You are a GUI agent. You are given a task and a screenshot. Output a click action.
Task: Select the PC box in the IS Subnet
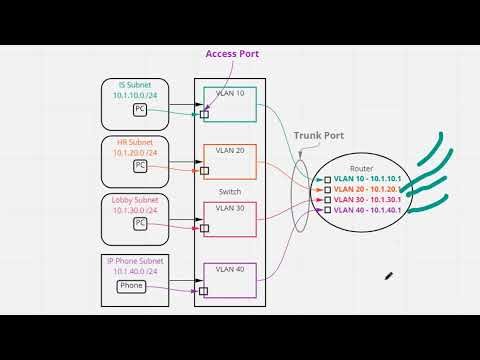click(x=140, y=108)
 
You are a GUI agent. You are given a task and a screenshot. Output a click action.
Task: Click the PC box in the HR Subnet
click(x=140, y=164)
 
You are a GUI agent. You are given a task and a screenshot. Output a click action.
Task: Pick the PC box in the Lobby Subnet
click(x=140, y=223)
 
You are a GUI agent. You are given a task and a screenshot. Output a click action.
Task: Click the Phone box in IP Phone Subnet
click(x=131, y=286)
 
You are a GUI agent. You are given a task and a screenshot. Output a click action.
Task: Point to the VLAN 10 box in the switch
click(x=230, y=106)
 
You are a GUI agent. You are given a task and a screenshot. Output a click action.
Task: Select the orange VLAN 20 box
click(x=230, y=162)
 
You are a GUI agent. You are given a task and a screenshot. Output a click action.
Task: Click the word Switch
click(x=229, y=192)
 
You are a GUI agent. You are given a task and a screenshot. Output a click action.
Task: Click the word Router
click(x=361, y=169)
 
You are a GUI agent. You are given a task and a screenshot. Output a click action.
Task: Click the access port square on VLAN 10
click(x=204, y=114)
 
